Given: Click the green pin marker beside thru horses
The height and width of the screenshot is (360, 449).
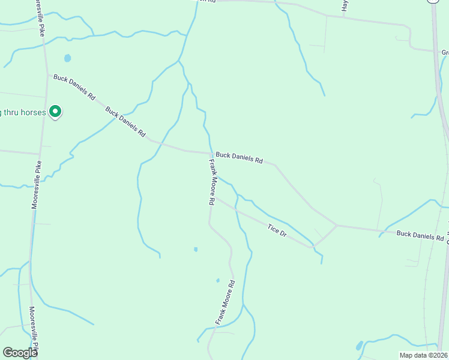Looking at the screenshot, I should tap(55, 112).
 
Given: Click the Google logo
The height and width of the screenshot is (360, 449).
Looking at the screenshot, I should tap(20, 353).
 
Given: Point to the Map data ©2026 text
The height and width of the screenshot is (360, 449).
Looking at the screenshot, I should tap(423, 355).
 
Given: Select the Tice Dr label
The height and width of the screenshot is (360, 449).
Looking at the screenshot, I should tap(277, 229).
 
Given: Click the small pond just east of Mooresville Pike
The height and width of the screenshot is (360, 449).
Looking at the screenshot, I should tap(67, 59).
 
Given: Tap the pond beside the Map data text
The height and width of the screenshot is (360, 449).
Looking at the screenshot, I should tap(359, 346).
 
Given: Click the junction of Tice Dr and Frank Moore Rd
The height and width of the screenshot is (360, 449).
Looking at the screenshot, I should tap(215, 197).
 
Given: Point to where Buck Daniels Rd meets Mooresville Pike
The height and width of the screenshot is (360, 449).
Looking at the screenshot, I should tap(47, 74).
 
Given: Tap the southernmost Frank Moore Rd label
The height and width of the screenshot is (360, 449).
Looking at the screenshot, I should tap(224, 303).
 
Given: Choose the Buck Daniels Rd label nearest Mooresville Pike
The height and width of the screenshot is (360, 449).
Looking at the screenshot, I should tap(74, 87).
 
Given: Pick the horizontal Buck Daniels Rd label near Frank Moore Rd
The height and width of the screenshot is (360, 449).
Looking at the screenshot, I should tap(240, 158).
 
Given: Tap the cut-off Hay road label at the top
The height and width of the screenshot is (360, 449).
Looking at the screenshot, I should tap(345, 6).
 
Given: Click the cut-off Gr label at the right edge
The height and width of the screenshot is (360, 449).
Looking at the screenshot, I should tap(445, 53).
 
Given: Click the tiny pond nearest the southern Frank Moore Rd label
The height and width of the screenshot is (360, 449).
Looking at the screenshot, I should tap(217, 280).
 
